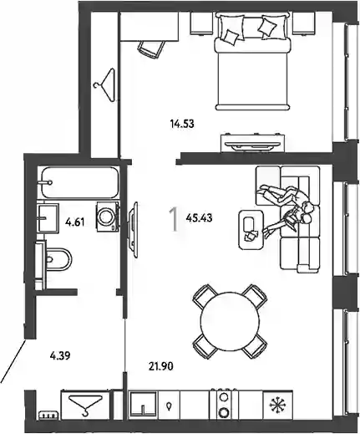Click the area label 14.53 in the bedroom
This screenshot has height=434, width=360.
[x=182, y=124]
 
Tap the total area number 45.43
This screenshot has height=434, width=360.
[x=199, y=218]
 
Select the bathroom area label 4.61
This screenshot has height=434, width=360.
[x=74, y=222]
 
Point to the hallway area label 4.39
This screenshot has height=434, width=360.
[x=60, y=356]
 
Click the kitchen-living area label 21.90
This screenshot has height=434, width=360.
[x=161, y=366]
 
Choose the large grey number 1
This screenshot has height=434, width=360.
[x=174, y=219]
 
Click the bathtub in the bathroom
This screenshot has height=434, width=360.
[x=79, y=182]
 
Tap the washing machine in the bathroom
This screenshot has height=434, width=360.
[x=107, y=217]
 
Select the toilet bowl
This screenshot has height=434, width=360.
[x=57, y=259]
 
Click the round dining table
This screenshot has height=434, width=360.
[x=230, y=321]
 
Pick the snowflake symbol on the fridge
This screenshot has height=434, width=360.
[x=277, y=405]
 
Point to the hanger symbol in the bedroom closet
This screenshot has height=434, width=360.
[x=105, y=84]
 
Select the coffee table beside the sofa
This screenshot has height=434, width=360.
[x=251, y=229]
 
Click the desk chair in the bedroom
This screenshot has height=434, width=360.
[x=150, y=49]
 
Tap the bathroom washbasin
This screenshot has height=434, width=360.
[x=48, y=217]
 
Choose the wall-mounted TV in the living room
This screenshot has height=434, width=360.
[x=134, y=230]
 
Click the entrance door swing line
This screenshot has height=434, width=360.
[x=13, y=360]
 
